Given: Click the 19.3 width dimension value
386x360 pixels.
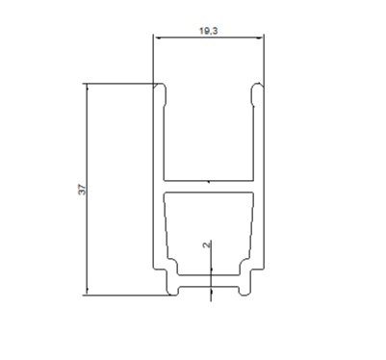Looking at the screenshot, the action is (x=209, y=31).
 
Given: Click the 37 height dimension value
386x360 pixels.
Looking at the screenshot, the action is (x=83, y=190).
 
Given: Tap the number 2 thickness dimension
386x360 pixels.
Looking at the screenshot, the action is (x=207, y=244).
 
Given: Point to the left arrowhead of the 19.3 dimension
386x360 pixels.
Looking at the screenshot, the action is (x=157, y=38).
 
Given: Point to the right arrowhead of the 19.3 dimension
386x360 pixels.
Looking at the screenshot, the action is (x=260, y=38).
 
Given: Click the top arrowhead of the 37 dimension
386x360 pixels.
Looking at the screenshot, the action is (x=88, y=87).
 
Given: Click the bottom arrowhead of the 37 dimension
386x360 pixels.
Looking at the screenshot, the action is (x=88, y=292).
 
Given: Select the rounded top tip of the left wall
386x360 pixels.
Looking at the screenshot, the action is (x=160, y=87).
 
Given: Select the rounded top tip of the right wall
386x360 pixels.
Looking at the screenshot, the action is (x=257, y=87).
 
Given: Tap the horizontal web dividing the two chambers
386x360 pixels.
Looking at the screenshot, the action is (x=209, y=187).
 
